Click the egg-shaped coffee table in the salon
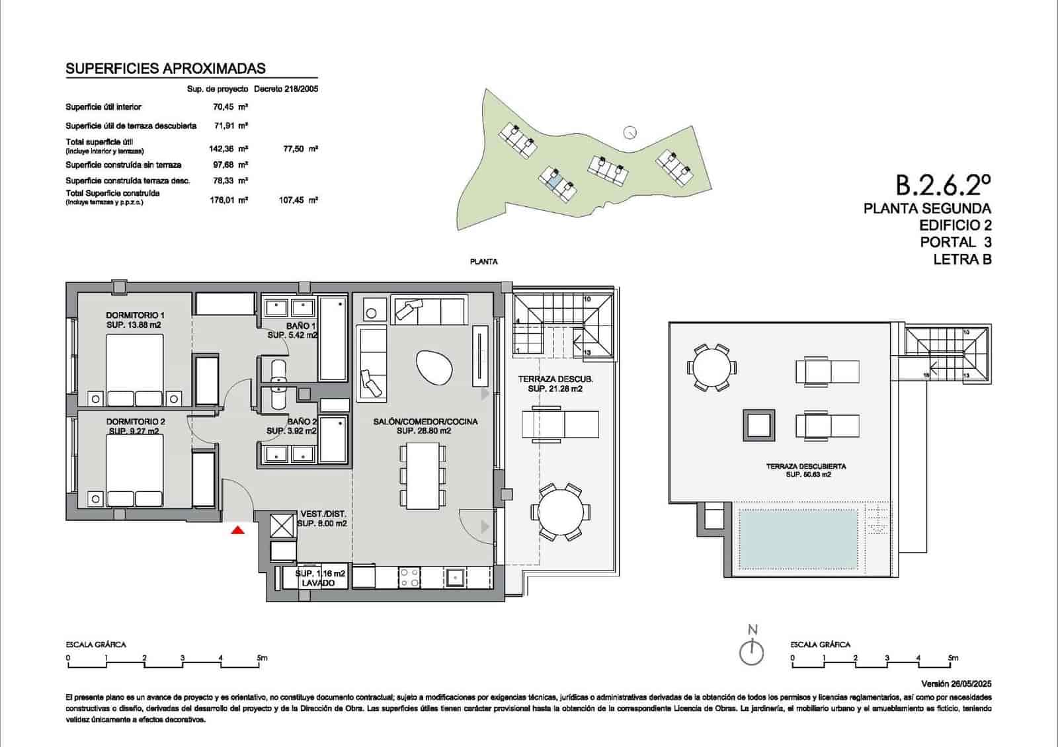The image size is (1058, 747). tap(434, 368)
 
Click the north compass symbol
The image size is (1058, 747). tap(752, 651)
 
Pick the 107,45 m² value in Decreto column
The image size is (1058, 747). tap(298, 200)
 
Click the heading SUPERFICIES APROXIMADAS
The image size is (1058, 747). tap(166, 68)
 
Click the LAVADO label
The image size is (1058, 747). tap(319, 583)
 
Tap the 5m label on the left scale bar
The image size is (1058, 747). tap(262, 658)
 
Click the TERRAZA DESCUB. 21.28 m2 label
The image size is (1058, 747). tap(555, 384)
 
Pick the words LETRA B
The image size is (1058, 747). tap(962, 260)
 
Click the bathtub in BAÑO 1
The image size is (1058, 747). tap(333, 339)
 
